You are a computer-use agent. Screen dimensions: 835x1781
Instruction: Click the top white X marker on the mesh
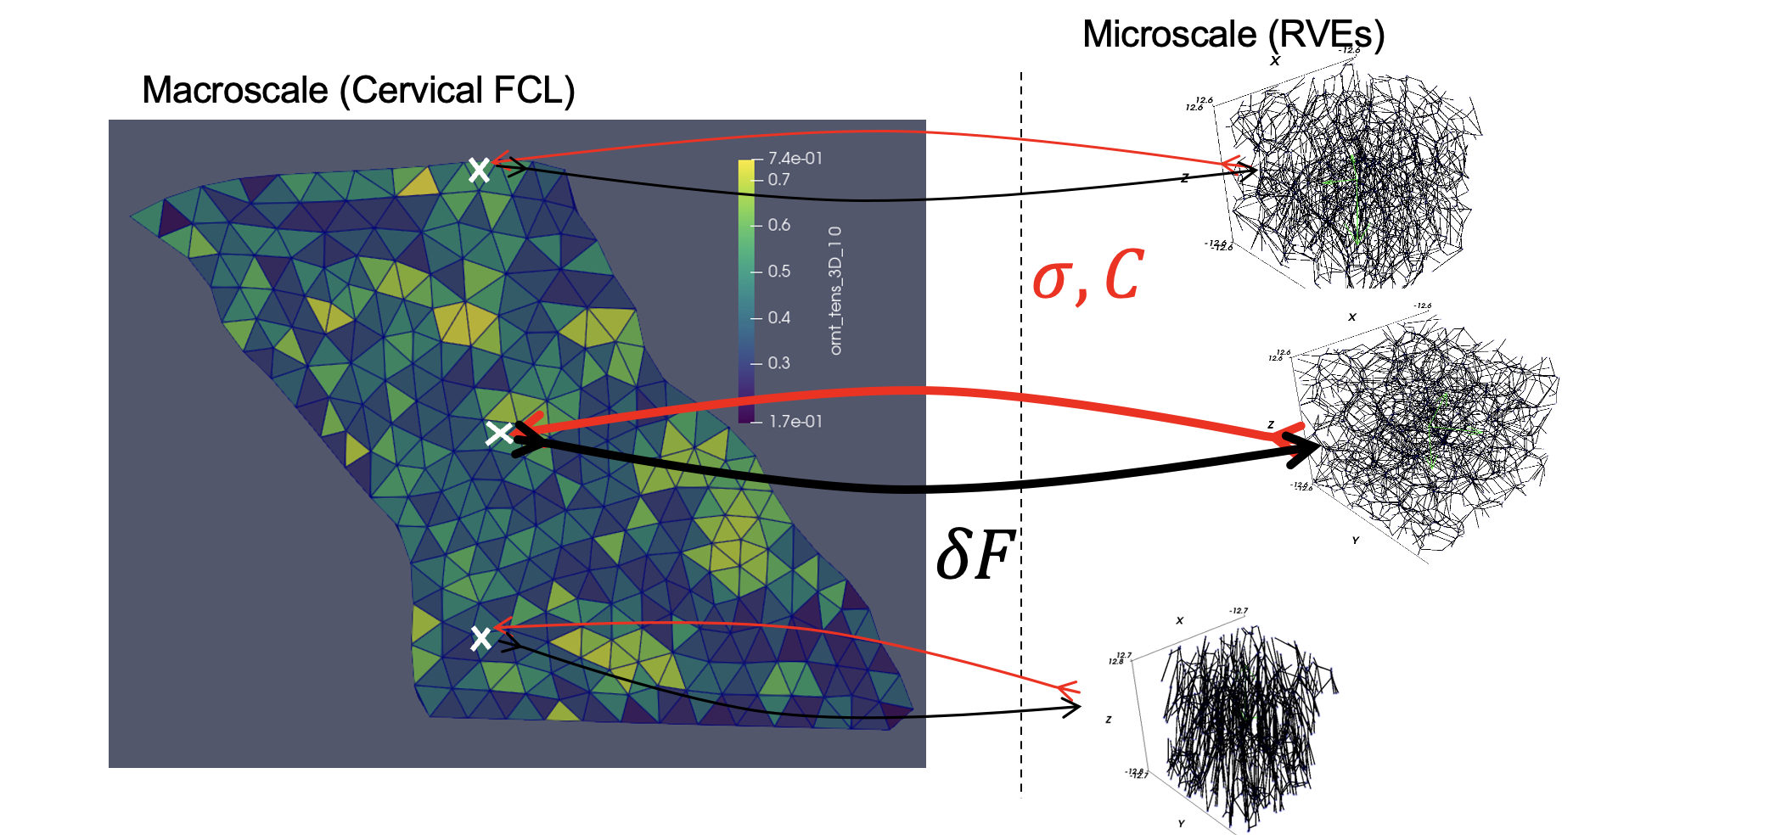480,171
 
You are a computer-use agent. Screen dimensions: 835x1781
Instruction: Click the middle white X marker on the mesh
498,434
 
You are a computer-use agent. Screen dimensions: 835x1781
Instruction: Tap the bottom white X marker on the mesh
480,638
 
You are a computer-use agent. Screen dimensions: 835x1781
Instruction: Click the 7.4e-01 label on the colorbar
795,159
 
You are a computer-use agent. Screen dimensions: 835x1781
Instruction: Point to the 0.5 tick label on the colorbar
778,272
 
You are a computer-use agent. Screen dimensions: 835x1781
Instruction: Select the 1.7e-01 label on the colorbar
795,422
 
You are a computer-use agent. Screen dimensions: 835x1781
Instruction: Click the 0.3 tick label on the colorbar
778,363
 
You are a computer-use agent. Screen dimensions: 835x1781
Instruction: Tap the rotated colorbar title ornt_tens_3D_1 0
835,290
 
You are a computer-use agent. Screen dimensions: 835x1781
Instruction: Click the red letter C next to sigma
1124,275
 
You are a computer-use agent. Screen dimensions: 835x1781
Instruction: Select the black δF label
975,556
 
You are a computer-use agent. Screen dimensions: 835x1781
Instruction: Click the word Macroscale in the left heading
235,90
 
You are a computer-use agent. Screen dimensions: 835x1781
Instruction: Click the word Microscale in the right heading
1169,35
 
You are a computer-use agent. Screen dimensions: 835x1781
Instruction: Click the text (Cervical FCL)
458,90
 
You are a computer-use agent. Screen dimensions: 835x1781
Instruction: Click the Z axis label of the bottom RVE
1108,720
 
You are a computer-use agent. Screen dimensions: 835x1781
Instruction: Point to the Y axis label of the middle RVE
1355,541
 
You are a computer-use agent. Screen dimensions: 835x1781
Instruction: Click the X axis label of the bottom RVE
1179,620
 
